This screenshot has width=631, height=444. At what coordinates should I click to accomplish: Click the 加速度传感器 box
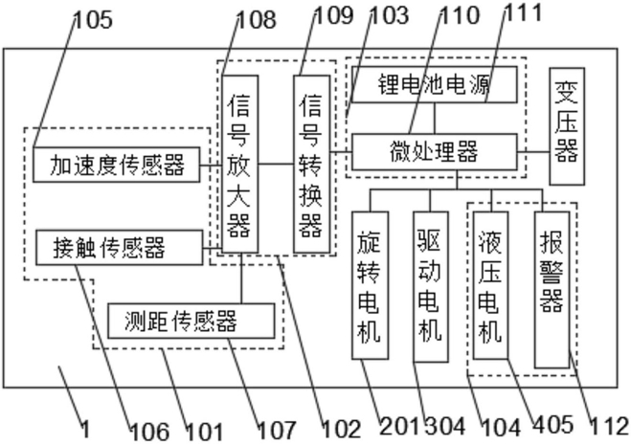click(116, 165)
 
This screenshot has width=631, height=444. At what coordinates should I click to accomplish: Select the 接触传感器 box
click(120, 247)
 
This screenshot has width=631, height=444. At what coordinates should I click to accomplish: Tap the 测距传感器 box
click(192, 321)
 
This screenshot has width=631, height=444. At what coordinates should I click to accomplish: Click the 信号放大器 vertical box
click(239, 164)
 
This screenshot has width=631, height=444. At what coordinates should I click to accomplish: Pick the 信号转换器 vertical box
click(312, 164)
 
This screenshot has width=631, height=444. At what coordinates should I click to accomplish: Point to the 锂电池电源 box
click(435, 84)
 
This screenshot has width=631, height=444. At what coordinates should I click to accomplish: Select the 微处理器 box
click(435, 151)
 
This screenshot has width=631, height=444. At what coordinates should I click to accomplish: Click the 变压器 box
click(567, 126)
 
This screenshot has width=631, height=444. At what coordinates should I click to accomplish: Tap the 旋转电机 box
click(371, 285)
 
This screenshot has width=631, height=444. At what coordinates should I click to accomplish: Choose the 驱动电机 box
click(431, 287)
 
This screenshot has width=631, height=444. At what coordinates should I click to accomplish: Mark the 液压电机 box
click(490, 285)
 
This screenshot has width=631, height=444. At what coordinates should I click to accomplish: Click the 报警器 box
click(552, 290)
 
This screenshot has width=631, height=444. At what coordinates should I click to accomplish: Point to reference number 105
click(94, 20)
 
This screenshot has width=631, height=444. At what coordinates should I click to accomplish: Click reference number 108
click(258, 20)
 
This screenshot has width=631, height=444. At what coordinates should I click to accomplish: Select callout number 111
click(523, 12)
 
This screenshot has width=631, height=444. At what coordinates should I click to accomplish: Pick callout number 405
click(552, 425)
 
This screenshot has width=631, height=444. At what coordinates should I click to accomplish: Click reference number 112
click(609, 427)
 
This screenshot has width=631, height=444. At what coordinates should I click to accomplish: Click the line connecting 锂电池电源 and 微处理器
click(435, 119)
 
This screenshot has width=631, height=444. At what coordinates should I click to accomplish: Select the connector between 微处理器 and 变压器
click(533, 151)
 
